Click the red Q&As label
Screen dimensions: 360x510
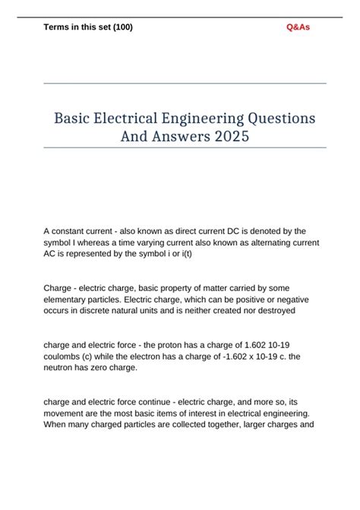(298, 27)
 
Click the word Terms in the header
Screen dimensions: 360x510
(59, 27)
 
